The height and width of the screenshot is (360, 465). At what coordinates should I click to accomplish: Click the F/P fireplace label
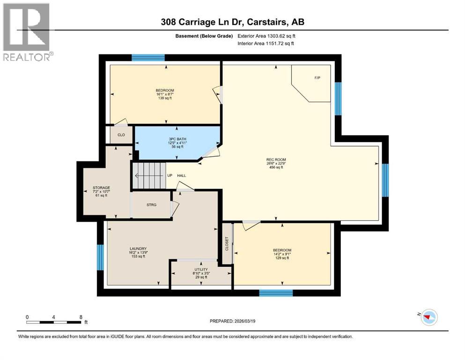[317, 77]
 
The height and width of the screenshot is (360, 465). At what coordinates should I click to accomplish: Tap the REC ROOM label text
[276, 160]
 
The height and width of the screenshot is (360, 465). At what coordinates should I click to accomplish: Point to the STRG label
[151, 205]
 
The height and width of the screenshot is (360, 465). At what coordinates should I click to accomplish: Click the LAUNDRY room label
[138, 248]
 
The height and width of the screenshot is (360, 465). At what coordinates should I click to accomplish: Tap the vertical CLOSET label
[227, 244]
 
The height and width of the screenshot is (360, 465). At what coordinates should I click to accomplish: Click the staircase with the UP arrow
[149, 175]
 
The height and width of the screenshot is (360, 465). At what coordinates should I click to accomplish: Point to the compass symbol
[429, 317]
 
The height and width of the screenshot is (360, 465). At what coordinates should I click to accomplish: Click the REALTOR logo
[27, 32]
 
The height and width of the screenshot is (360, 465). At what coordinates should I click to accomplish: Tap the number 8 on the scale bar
[81, 317]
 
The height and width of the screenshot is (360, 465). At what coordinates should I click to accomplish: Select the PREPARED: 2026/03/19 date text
[232, 321]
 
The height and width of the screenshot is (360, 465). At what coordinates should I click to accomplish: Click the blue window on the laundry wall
[100, 257]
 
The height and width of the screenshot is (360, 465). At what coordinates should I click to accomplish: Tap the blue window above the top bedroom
[148, 58]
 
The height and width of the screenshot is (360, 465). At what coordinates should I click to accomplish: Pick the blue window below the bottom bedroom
[276, 293]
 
